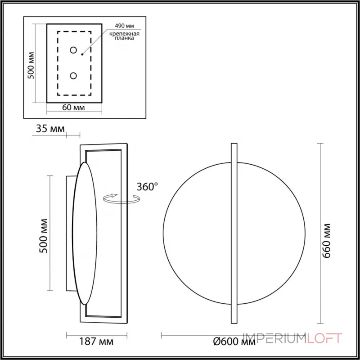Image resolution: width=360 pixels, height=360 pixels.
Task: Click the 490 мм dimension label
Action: click(x=125, y=27)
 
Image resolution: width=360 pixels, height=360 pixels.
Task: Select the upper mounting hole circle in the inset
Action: click(x=74, y=49)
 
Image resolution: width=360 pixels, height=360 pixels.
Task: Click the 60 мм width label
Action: click(x=74, y=108)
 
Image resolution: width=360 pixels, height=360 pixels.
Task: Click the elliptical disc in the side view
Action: click(x=85, y=234)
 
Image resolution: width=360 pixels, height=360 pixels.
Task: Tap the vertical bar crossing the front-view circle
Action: click(x=234, y=234)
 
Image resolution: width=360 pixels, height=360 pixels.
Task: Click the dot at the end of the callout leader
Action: click(x=82, y=54)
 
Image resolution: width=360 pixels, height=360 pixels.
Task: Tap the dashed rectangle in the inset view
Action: click(x=58, y=63)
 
